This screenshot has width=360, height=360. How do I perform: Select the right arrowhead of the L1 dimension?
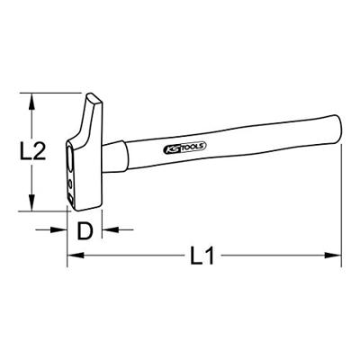click(x=337, y=258)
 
